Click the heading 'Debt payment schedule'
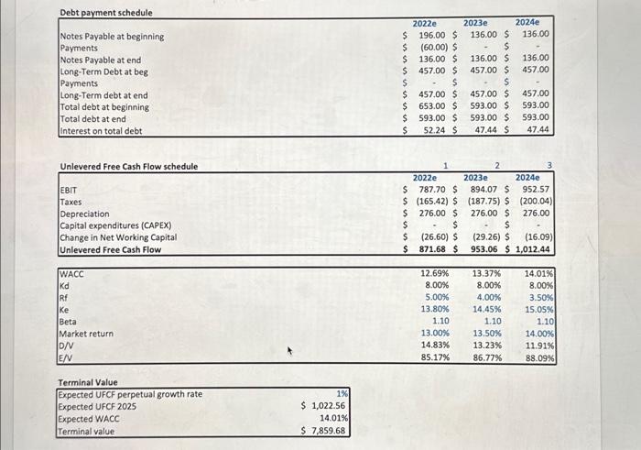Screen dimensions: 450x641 pyautogui.click(x=106, y=13)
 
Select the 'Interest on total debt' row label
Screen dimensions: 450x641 pyautogui.click(x=101, y=131)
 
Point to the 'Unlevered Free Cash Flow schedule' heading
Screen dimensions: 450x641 pyautogui.click(x=128, y=166)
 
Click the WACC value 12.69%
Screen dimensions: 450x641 pyautogui.click(x=434, y=274)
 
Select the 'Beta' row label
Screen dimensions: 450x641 pyautogui.click(x=69, y=322)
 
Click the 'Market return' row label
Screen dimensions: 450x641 pyautogui.click(x=86, y=334)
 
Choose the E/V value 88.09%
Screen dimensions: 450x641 pyautogui.click(x=538, y=357)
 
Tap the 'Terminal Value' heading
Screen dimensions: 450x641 pyautogui.click(x=87, y=382)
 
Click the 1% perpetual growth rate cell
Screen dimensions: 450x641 pyautogui.click(x=341, y=394)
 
